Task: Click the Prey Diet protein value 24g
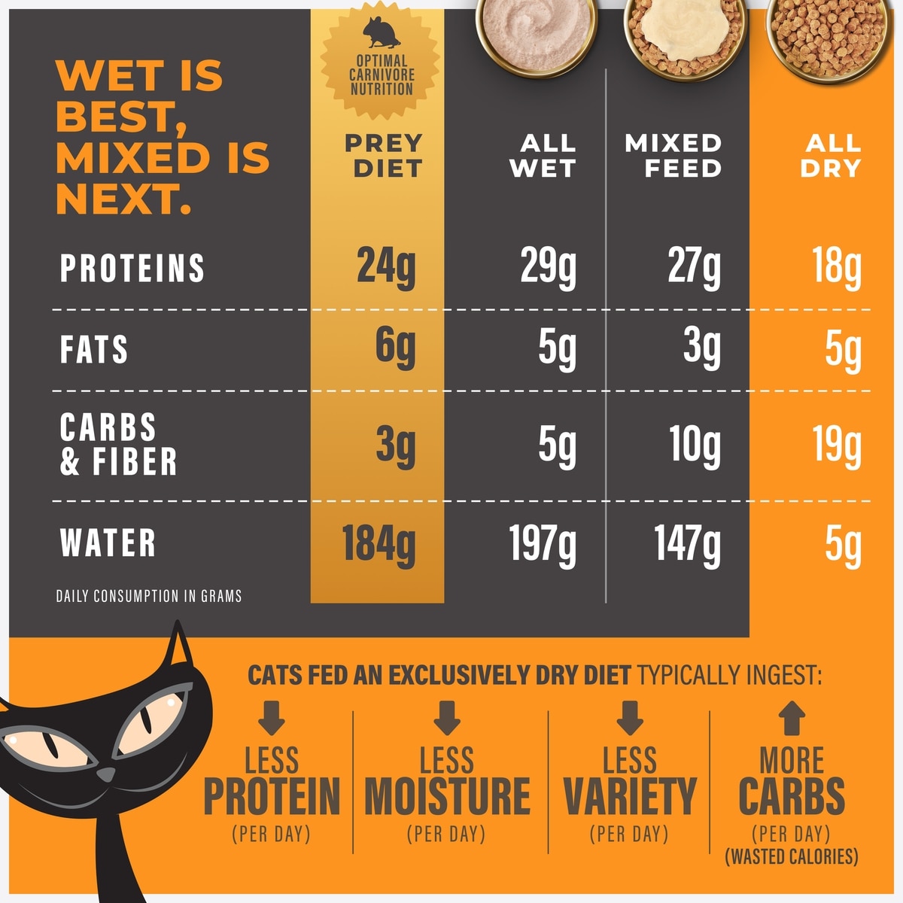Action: tap(385, 267)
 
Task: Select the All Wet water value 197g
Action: tap(543, 544)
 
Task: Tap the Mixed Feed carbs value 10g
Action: tap(694, 446)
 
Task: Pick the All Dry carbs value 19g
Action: tap(836, 446)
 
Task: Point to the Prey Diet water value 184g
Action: tap(379, 544)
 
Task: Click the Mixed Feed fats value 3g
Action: tap(701, 348)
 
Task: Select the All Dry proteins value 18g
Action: tap(836, 267)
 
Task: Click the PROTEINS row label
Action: tap(132, 269)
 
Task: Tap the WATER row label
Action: tap(108, 543)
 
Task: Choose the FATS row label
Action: tap(94, 350)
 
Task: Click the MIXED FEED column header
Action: tap(673, 156)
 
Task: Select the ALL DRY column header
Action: tap(832, 156)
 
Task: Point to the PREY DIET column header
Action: tap(384, 156)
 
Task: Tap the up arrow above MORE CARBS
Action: tap(791, 718)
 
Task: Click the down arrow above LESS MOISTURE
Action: tap(447, 718)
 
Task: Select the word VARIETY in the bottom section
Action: tap(630, 797)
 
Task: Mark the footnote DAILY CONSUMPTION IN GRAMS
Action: tap(149, 597)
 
